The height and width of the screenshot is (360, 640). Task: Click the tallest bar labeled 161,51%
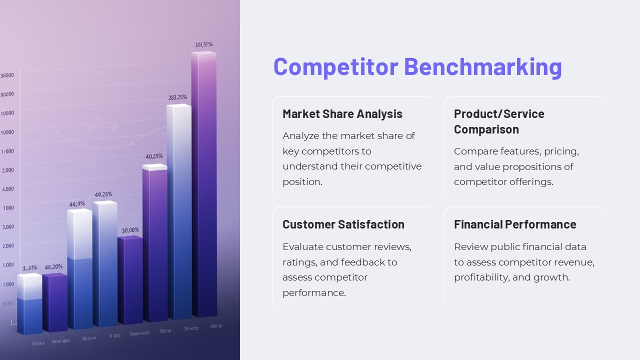[204, 185]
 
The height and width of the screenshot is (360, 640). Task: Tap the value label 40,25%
[154, 156]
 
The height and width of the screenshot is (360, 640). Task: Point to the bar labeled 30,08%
[130, 280]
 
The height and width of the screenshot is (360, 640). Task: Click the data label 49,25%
[103, 194]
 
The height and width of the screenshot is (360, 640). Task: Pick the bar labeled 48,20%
[54, 302]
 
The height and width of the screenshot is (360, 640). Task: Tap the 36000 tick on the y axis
[7, 75]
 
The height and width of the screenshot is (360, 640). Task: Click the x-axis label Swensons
[139, 333]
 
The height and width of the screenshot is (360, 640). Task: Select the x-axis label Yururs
[38, 343]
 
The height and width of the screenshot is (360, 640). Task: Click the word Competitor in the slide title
[335, 66]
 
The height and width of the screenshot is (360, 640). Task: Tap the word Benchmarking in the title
[482, 66]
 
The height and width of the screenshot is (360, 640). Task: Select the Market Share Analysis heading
[342, 114]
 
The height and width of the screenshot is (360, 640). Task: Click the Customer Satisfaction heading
[343, 224]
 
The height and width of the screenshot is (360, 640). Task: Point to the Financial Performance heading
[515, 224]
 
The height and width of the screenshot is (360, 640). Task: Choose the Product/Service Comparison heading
[498, 121]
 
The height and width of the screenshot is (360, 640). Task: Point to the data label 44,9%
[77, 204]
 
